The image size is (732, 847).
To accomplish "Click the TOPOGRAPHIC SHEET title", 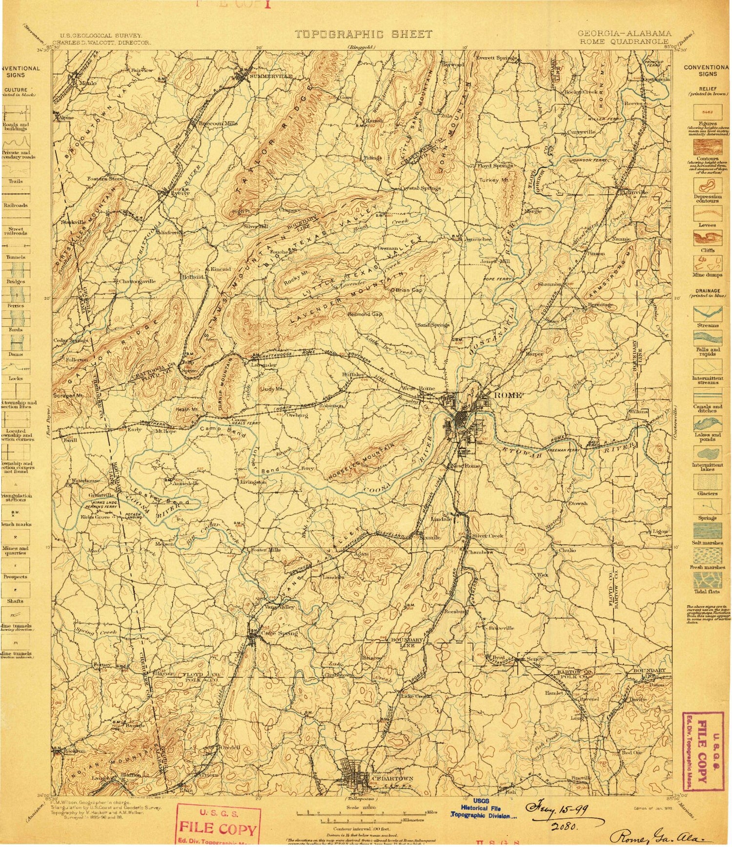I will pyautogui.click(x=364, y=34).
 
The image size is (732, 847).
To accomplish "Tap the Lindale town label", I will pyautogui.click(x=442, y=519).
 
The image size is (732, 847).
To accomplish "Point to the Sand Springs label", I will pyautogui.click(x=433, y=325).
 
